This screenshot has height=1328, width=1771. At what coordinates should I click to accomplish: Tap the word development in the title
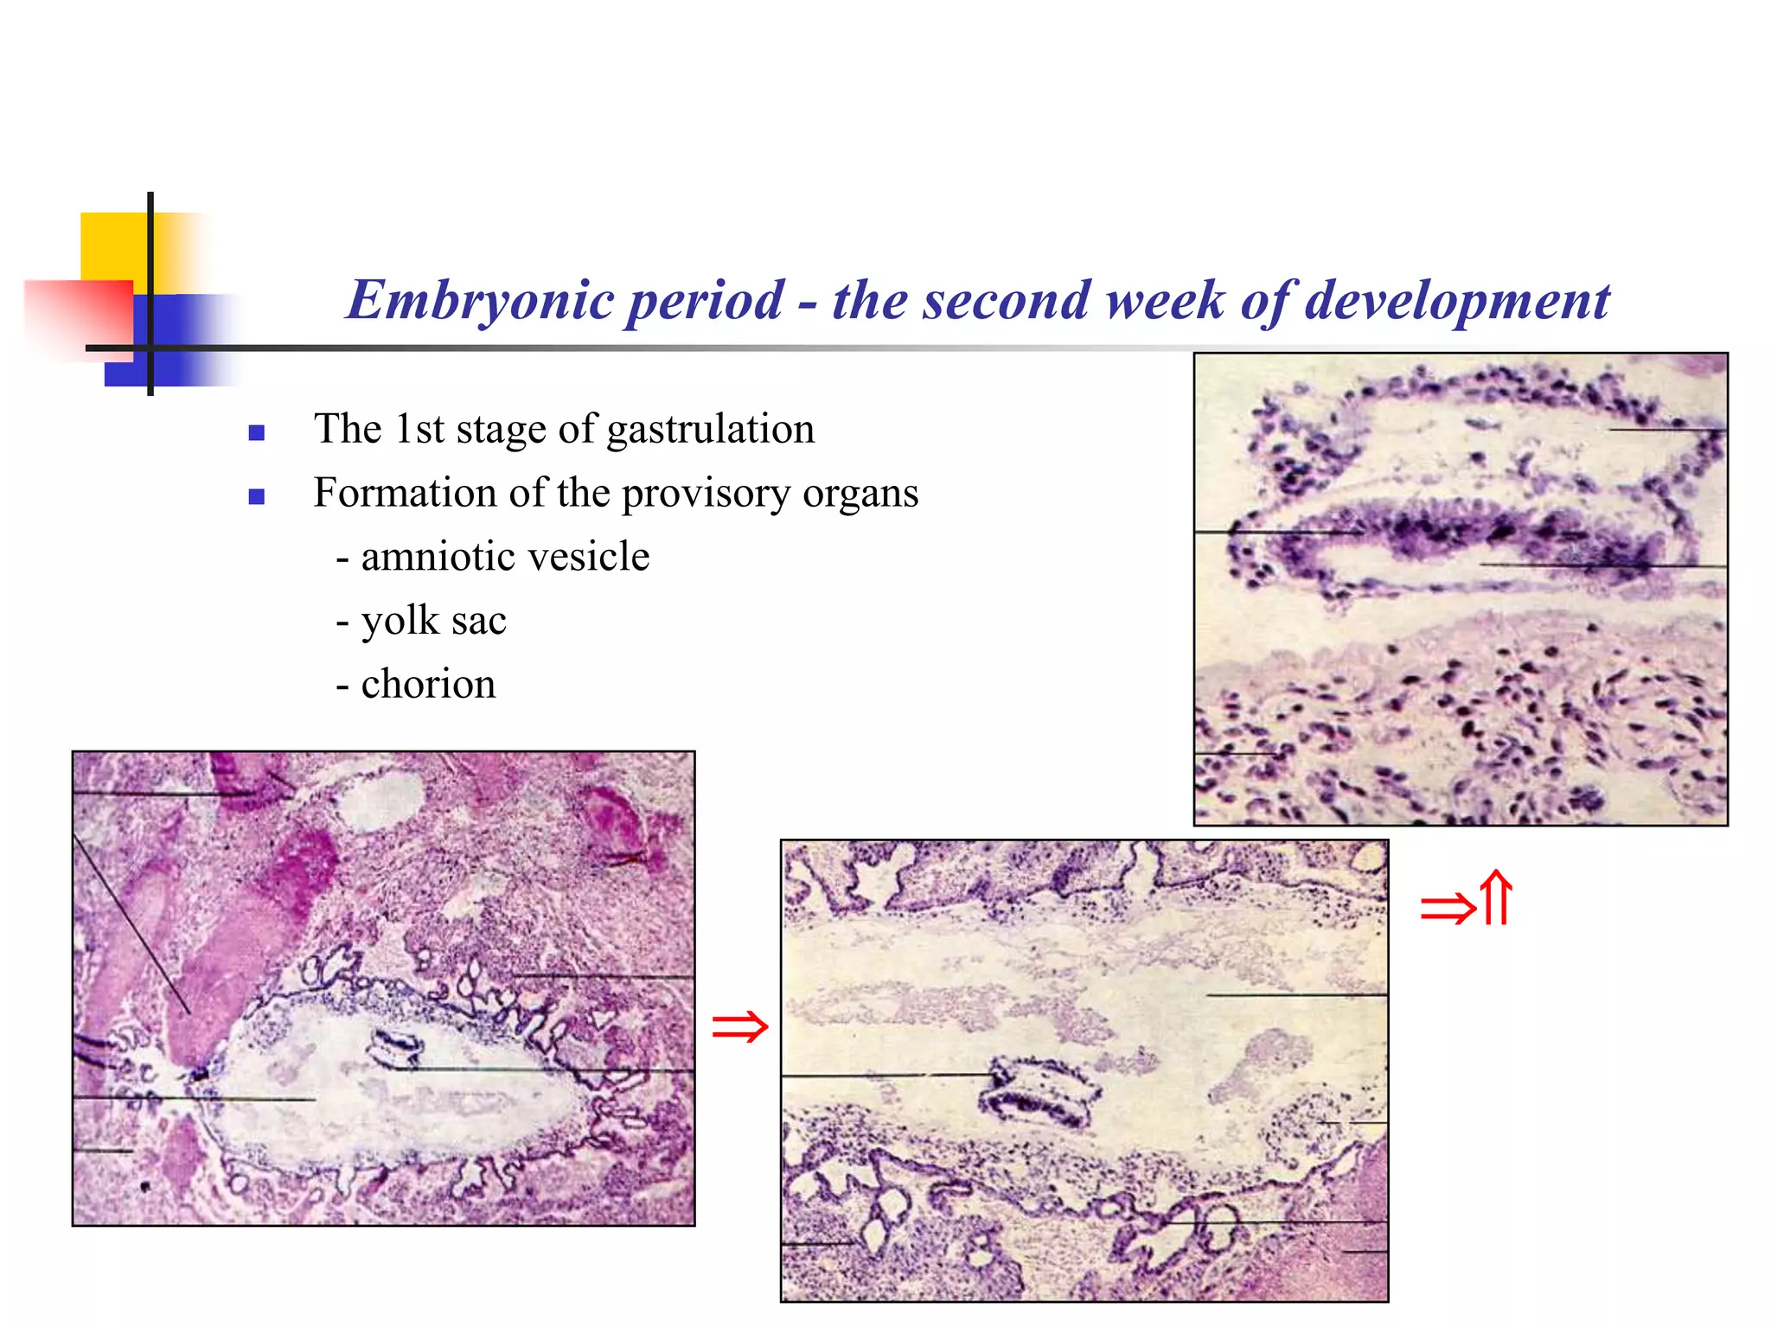coord(1456,301)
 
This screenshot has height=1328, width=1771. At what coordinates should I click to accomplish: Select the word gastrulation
coord(710,430)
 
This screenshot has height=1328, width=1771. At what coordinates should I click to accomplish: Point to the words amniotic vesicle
coord(505,556)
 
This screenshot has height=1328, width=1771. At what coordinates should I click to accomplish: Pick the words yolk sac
coord(433,620)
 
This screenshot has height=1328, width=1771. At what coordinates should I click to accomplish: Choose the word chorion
coord(428,684)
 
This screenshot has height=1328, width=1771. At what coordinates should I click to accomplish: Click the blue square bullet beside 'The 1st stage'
coord(256,432)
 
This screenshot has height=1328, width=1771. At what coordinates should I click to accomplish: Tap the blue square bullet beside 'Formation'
coord(256,496)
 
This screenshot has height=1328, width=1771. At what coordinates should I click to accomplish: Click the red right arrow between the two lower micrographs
coord(739,1027)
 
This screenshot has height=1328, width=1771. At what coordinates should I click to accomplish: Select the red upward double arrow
coord(1497,899)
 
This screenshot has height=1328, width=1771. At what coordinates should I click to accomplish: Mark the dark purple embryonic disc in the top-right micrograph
coord(1461,536)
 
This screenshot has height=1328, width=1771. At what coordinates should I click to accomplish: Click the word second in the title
coord(961,301)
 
